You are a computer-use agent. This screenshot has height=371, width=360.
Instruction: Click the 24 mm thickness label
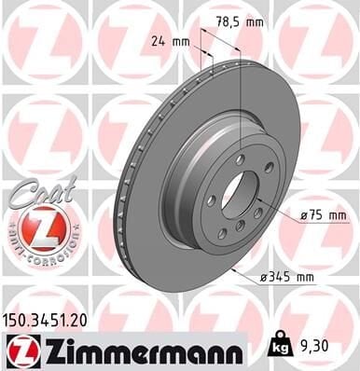point(168,41)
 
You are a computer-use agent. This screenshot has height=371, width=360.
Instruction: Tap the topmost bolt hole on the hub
point(240,160)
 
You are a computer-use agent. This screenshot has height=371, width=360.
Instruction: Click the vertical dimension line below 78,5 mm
point(241,93)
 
